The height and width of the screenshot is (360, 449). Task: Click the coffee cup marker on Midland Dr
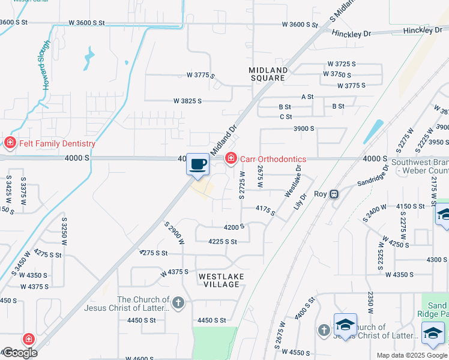[x=198, y=164]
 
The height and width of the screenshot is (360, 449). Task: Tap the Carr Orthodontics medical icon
[x=231, y=158]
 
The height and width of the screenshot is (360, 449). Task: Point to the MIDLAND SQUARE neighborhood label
[x=268, y=74]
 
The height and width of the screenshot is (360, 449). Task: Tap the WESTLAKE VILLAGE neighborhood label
[x=219, y=280]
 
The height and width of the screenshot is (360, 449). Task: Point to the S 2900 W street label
[x=174, y=232]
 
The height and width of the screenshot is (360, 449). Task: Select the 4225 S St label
[x=222, y=242]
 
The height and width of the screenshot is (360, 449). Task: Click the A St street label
[x=307, y=96]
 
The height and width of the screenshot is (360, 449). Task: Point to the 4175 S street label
[x=265, y=210]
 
